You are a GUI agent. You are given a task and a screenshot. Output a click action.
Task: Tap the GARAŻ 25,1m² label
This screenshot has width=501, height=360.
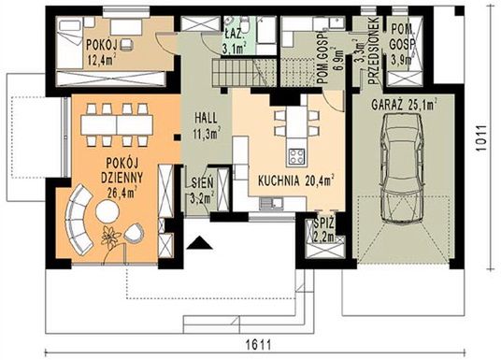[x=404, y=105]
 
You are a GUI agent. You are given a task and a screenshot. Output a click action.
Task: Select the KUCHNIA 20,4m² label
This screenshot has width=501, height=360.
[x=296, y=181]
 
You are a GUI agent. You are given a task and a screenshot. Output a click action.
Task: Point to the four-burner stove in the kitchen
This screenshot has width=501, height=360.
[x=296, y=157]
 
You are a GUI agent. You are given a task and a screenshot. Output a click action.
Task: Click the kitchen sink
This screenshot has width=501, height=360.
[x=271, y=203]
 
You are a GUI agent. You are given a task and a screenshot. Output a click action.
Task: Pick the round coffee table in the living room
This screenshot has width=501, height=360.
[x=107, y=211]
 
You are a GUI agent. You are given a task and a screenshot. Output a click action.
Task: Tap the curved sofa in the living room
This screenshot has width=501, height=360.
[x=79, y=221]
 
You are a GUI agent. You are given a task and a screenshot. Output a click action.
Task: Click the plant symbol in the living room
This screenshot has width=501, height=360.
[x=110, y=238]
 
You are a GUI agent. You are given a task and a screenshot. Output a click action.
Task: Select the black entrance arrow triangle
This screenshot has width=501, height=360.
[x=200, y=242]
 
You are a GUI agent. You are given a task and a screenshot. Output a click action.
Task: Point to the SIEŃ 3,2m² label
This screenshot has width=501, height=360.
[x=202, y=191]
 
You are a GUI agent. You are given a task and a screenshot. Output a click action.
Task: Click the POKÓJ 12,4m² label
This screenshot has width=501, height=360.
[x=102, y=52]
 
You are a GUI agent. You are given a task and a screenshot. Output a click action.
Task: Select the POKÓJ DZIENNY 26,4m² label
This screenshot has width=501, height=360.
[x=122, y=177]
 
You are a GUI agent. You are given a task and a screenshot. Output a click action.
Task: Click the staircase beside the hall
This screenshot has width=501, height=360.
[x=245, y=73]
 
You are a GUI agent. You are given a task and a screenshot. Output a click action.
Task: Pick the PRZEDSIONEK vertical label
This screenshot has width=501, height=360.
[x=373, y=50]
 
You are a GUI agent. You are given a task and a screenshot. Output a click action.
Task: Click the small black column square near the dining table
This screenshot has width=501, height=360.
[x=177, y=137]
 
